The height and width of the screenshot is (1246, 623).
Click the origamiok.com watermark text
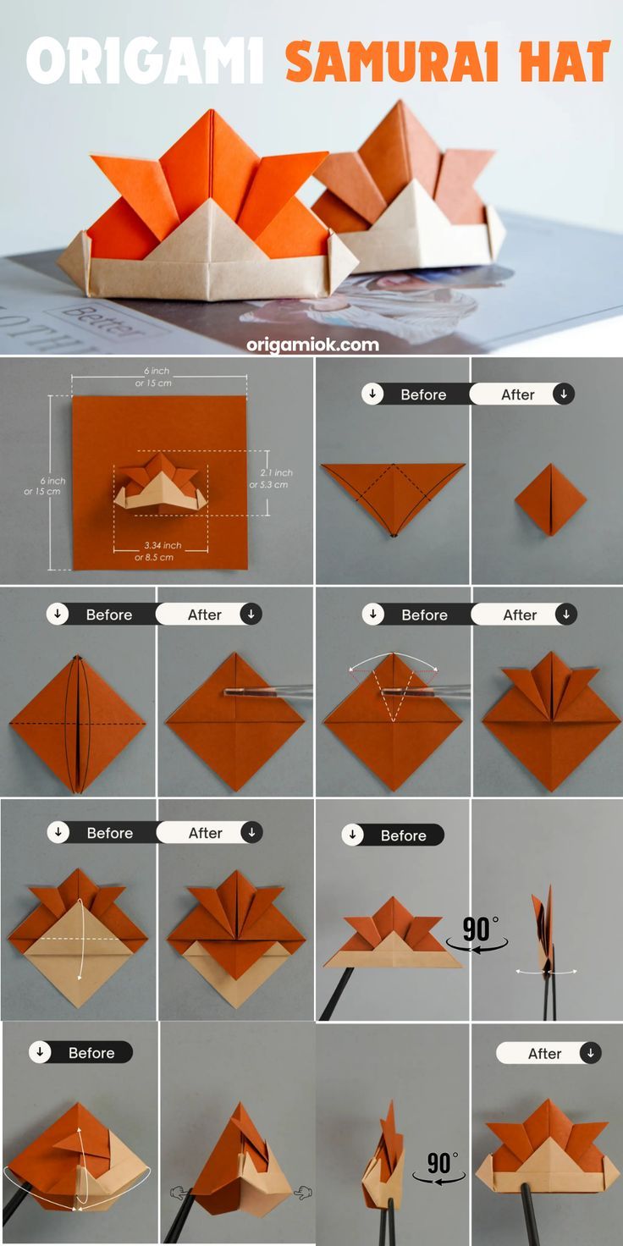(312, 345)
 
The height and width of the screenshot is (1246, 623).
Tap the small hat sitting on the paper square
(161, 482)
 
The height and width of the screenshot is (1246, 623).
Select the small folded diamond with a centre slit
(551, 499)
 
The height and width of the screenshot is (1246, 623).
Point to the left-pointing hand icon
(177, 1192)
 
